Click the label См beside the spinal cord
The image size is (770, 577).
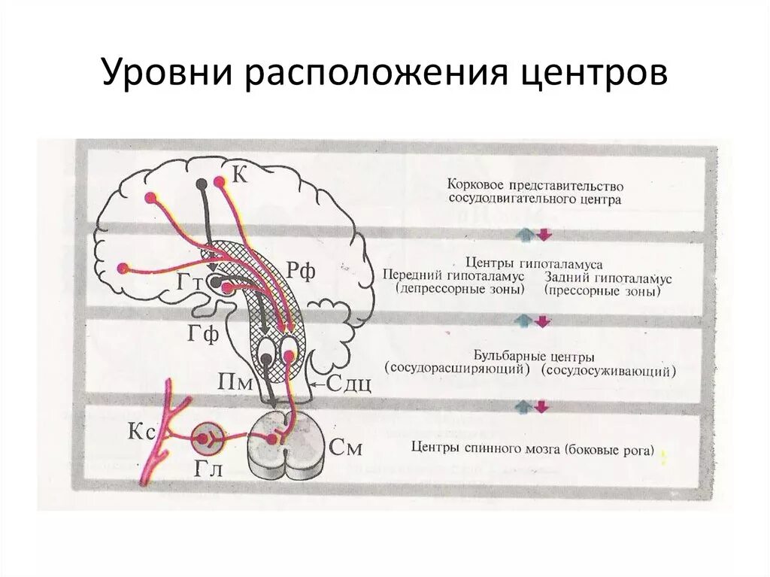[347, 449]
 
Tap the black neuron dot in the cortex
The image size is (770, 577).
[202, 184]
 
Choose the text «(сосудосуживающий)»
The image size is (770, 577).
[611, 371]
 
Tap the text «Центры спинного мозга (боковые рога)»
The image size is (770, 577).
[533, 450]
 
